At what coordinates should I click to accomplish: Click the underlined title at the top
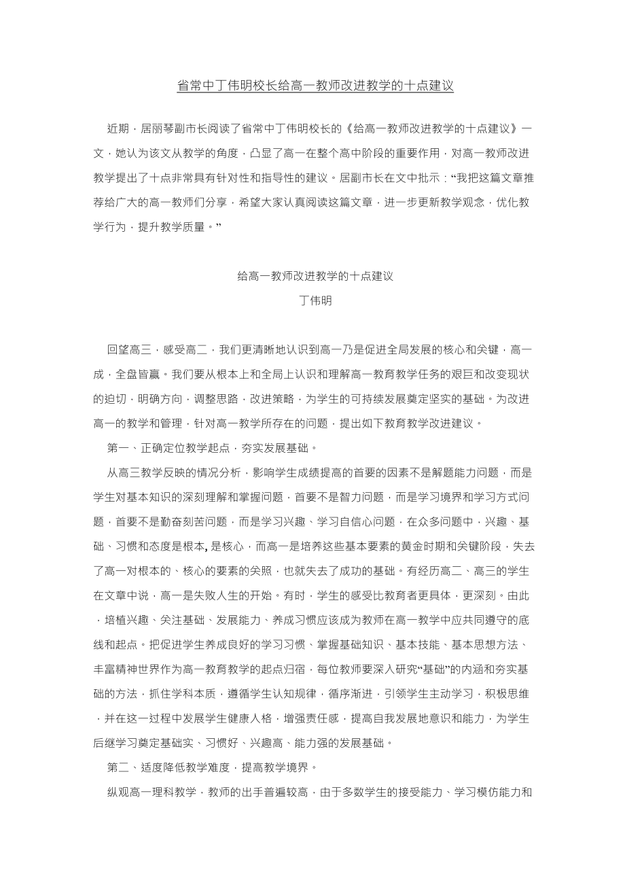(x=315, y=86)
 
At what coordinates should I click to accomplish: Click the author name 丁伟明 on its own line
(x=315, y=300)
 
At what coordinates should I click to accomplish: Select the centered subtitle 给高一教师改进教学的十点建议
(x=315, y=276)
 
